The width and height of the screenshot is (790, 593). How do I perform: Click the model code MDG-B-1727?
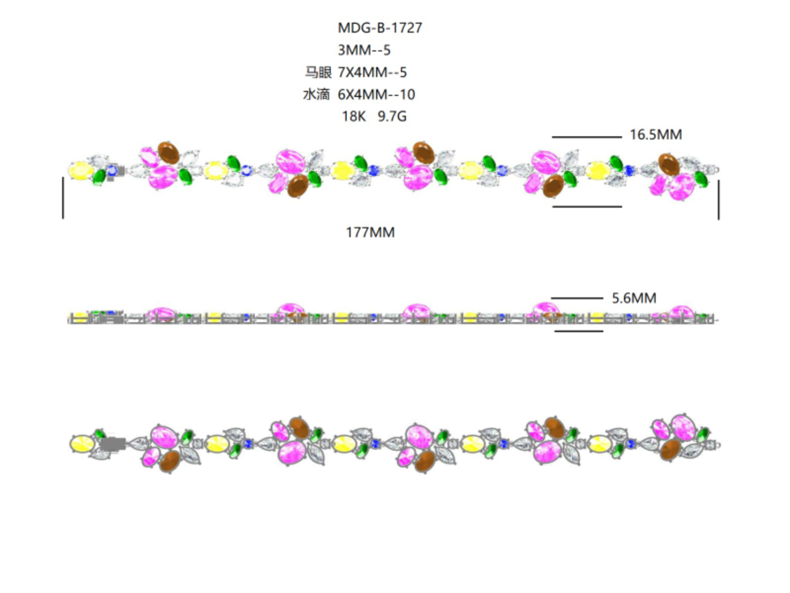(380, 28)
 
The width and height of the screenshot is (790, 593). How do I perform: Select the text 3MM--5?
(364, 50)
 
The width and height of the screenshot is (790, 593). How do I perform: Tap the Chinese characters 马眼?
(318, 72)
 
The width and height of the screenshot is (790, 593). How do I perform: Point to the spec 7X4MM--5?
(372, 72)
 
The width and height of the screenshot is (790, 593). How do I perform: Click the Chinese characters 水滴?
(317, 94)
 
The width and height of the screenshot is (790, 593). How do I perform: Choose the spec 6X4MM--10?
(376, 94)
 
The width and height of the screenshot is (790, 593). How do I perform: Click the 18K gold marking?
(353, 116)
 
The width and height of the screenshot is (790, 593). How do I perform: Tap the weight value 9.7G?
(392, 116)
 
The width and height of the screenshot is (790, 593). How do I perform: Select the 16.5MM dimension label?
(655, 135)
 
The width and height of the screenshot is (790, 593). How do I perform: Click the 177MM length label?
(370, 232)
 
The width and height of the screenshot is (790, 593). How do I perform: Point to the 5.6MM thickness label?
(634, 298)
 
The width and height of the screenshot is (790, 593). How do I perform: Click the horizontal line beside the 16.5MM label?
(587, 137)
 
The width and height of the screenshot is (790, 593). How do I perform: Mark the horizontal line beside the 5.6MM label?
(577, 298)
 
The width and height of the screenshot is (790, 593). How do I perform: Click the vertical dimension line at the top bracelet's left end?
(63, 197)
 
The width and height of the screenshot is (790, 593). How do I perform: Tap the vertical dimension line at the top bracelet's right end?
(718, 200)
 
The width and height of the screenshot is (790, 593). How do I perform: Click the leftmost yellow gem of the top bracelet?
(81, 171)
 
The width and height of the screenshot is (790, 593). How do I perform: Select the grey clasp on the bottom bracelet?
(113, 444)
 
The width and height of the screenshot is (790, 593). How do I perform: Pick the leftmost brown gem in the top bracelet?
(169, 153)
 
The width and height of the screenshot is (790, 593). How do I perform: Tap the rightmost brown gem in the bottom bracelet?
(670, 450)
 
